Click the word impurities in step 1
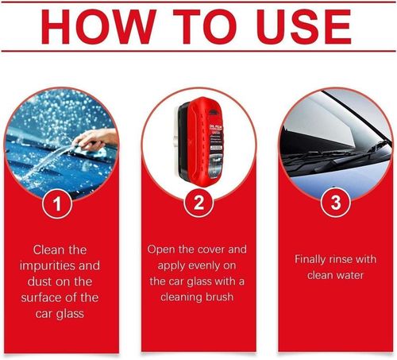[x=47, y=266]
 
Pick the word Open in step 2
[x=162, y=250]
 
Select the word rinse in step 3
[x=350, y=259]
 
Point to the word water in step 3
[x=353, y=275]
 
